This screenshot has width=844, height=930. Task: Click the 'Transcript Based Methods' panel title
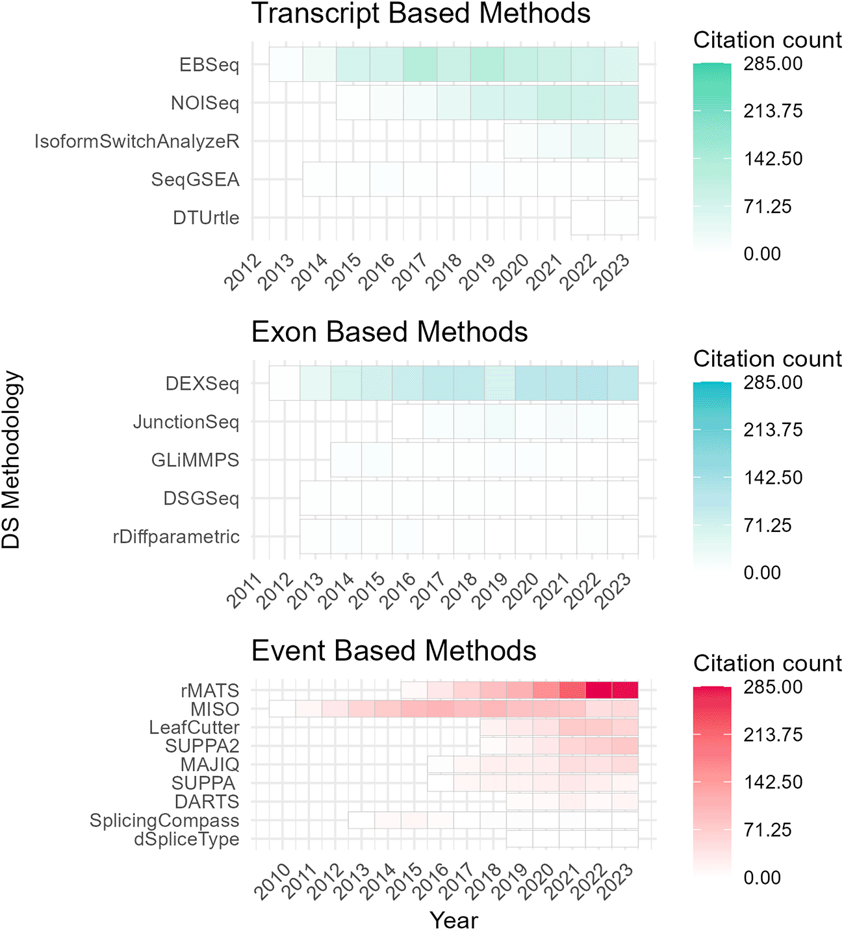pyautogui.click(x=420, y=14)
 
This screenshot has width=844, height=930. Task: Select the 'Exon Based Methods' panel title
pyautogui.click(x=389, y=332)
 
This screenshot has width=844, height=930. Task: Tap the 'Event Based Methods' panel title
pyautogui.click(x=393, y=651)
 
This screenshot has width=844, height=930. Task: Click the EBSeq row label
pyautogui.click(x=209, y=65)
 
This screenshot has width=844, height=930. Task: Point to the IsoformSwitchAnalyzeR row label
pyautogui.click(x=137, y=141)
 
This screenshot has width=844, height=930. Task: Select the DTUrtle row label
pyautogui.click(x=206, y=218)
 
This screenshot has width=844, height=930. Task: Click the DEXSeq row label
pyautogui.click(x=202, y=384)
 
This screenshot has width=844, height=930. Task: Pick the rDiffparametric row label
pyautogui.click(x=176, y=537)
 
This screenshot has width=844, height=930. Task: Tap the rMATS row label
pyautogui.click(x=210, y=690)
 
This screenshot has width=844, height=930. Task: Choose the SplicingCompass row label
pyautogui.click(x=164, y=821)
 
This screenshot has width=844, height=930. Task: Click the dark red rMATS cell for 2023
pyautogui.click(x=625, y=690)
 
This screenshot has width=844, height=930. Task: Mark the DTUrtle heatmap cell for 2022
pyautogui.click(x=588, y=218)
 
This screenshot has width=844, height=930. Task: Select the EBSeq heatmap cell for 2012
pyautogui.click(x=286, y=65)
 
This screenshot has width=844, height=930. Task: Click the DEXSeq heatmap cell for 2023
pyautogui.click(x=622, y=384)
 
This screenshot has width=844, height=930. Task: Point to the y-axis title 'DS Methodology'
pyautogui.click(x=12, y=460)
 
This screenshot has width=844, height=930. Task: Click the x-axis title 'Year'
pyautogui.click(x=454, y=920)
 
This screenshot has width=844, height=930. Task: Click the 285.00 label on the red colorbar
pyautogui.click(x=773, y=687)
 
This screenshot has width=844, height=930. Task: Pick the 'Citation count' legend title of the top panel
pyautogui.click(x=767, y=40)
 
